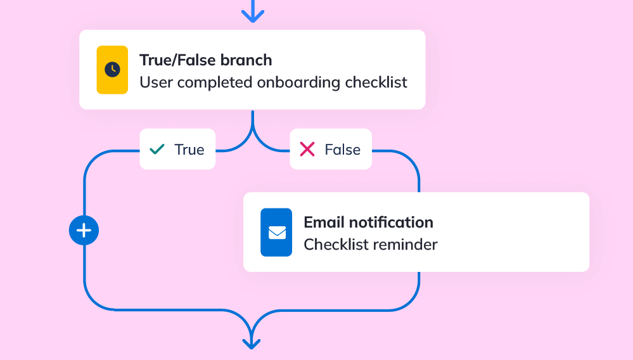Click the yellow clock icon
[x=112, y=70]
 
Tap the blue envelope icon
[x=276, y=233]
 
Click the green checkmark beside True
[x=157, y=150]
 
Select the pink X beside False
[x=307, y=150]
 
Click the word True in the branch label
[x=189, y=150]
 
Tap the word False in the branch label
[x=342, y=150]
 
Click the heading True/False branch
[x=206, y=60]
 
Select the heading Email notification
[x=369, y=222]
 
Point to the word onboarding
[x=298, y=83]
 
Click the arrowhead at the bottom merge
[x=252, y=344]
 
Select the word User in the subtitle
[x=157, y=83]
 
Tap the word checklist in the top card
[x=376, y=82]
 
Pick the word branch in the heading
[x=246, y=60]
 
